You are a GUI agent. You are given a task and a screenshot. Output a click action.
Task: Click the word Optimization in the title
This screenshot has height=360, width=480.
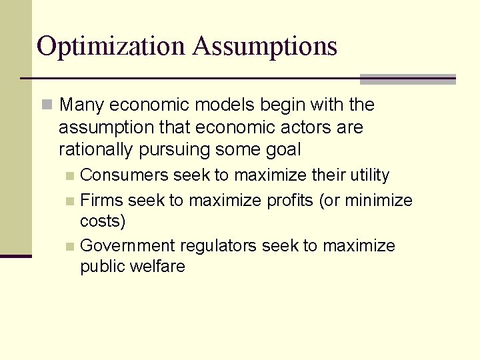pyautogui.click(x=110, y=46)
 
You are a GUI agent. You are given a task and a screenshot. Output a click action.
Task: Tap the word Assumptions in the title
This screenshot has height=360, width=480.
pyautogui.click(x=265, y=46)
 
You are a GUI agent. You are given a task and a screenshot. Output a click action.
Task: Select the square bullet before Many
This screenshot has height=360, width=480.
pyautogui.click(x=46, y=105)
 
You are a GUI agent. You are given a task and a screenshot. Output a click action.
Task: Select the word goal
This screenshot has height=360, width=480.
pyautogui.click(x=284, y=149)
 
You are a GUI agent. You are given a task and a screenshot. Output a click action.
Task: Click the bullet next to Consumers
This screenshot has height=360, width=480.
pyautogui.click(x=70, y=176)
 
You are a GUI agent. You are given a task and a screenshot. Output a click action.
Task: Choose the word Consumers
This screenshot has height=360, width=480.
pyautogui.click(x=125, y=175)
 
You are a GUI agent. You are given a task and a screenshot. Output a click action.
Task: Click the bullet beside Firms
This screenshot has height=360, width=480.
pyautogui.click(x=70, y=201)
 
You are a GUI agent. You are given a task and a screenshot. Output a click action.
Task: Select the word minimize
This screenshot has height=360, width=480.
pyautogui.click(x=379, y=200)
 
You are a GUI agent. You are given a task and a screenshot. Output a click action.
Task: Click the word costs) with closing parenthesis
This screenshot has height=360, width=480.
pyautogui.click(x=103, y=221)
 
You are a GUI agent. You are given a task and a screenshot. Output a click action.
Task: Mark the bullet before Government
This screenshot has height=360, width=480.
pyautogui.click(x=70, y=246)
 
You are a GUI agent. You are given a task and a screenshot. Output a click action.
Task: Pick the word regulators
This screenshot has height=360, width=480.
pyautogui.click(x=223, y=245)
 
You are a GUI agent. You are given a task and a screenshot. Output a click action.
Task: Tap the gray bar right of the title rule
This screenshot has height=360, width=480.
pyautogui.click(x=407, y=79)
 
